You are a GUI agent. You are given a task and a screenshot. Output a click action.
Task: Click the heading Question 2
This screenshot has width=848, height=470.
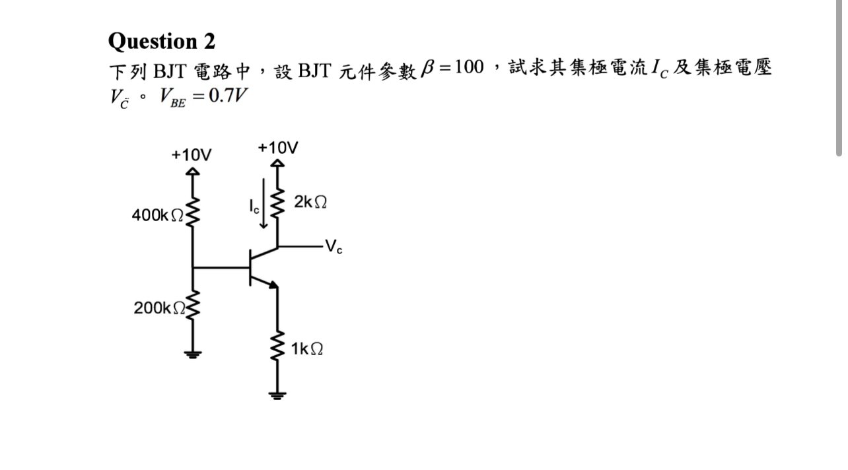coord(161,41)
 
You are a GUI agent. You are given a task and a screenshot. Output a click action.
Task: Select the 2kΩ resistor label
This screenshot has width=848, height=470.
coord(310,202)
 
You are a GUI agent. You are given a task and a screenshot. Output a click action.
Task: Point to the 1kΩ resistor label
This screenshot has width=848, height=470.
coord(306,349)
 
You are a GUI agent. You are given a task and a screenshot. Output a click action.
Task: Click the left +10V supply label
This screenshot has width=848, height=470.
coord(192,155)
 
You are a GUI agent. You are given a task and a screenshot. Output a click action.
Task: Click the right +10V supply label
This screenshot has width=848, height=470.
coord(277,147)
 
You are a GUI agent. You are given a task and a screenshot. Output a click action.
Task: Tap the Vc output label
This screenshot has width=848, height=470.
coord(335,248)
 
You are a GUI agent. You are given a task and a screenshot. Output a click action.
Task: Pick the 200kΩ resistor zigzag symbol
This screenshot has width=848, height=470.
coord(192,305)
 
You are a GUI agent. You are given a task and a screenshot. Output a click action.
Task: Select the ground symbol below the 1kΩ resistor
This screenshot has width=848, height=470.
coord(277,395)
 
